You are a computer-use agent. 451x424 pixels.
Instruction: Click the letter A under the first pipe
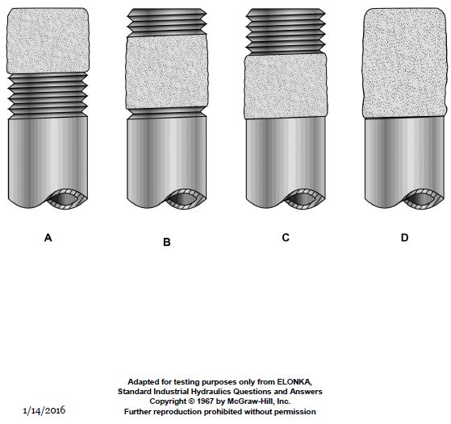click(48, 238)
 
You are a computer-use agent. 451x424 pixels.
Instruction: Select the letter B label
click(167, 242)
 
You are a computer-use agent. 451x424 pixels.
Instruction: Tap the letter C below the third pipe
click(286, 238)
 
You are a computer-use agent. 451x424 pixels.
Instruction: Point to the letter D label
click(405, 238)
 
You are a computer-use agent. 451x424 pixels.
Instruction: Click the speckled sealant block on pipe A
click(48, 40)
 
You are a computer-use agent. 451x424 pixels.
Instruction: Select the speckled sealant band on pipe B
click(167, 72)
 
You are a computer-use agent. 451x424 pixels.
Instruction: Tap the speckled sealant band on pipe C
click(286, 86)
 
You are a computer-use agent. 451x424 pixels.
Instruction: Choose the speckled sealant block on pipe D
click(405, 63)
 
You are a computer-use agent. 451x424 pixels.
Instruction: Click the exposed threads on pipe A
click(48, 96)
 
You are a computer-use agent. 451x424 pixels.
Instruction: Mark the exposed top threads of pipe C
click(286, 31)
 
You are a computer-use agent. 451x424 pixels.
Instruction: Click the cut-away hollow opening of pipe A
click(67, 199)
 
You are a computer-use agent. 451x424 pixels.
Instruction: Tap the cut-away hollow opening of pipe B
click(186, 199)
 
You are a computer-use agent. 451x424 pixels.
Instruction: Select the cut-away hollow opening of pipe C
click(305, 199)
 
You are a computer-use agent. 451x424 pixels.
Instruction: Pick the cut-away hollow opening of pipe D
click(424, 199)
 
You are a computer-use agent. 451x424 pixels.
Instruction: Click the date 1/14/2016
click(44, 410)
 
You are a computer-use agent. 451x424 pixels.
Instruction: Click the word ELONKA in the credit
click(294, 382)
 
